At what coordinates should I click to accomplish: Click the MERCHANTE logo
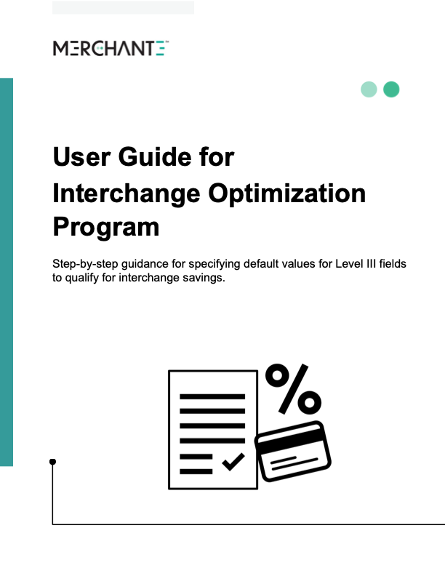pos(111,49)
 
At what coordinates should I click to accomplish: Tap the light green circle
pos(369,89)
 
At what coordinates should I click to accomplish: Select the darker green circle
pos(391,89)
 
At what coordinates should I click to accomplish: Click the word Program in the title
pos(106,228)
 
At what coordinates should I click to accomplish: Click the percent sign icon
pos(292,389)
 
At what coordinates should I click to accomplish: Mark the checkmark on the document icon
pos(233,461)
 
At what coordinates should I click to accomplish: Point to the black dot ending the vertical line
pos(52,462)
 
